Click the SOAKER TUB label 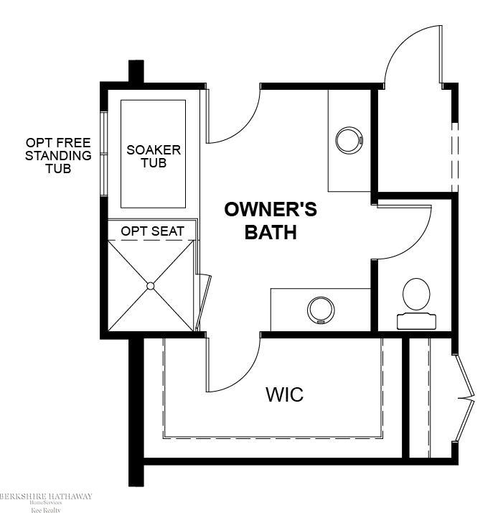(x=154, y=157)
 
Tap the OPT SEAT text (x=153, y=231)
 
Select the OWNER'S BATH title (x=271, y=221)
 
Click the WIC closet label (x=285, y=394)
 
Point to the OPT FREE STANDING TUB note (x=58, y=155)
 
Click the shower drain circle (x=150, y=286)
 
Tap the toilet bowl (x=416, y=294)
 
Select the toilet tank (x=416, y=321)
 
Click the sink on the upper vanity (x=349, y=140)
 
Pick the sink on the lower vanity (x=321, y=310)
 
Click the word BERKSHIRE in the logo (x=22, y=496)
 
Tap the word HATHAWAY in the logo (x=70, y=496)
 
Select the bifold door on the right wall (x=464, y=398)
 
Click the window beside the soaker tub (x=103, y=154)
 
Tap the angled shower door (x=203, y=302)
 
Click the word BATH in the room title (x=271, y=232)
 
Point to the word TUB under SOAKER (x=154, y=163)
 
